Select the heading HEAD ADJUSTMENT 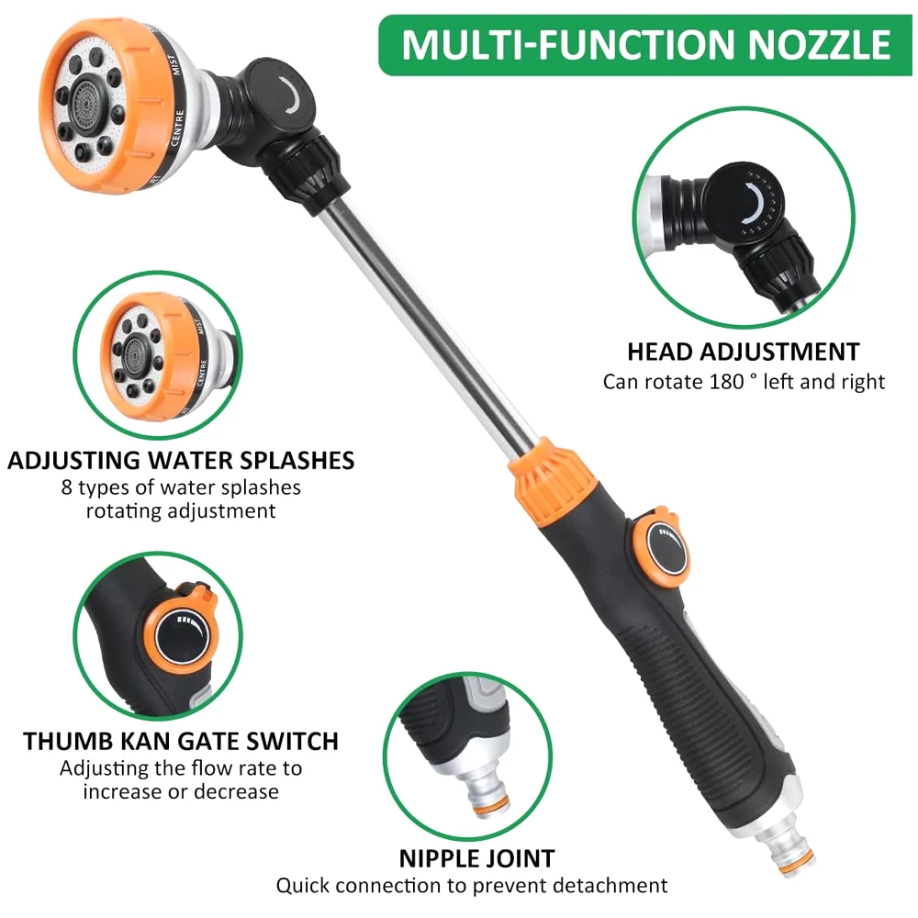click(744, 352)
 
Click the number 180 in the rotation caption click(726, 382)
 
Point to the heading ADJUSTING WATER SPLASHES click(181, 461)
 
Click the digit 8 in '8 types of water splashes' click(67, 487)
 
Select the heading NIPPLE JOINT click(476, 859)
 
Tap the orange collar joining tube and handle click(554, 477)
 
